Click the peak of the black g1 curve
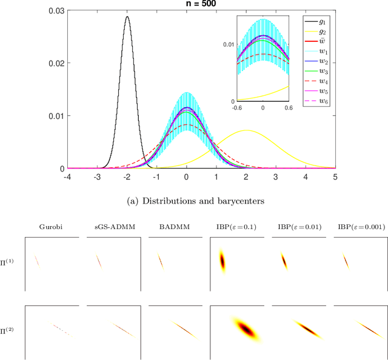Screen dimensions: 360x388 (127, 18)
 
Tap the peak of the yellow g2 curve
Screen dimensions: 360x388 (246, 130)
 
